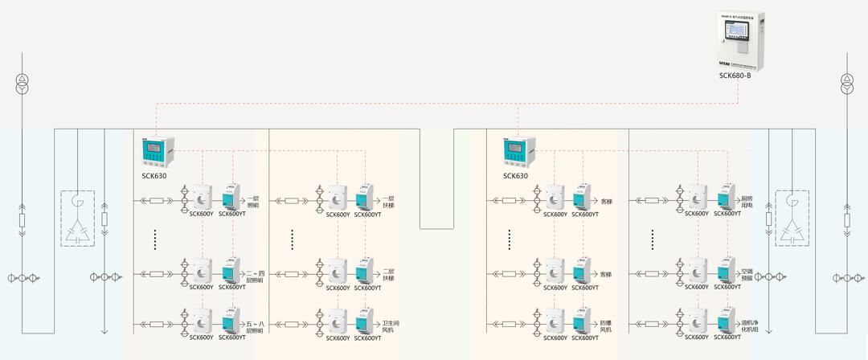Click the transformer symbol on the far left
click(x=22, y=83)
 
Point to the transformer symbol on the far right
click(x=845, y=83)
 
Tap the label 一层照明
click(x=254, y=202)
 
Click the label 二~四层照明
click(x=254, y=276)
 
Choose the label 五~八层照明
click(x=254, y=326)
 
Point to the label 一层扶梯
click(x=390, y=202)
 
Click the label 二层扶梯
click(x=390, y=276)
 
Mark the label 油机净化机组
click(x=749, y=326)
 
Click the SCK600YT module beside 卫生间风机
click(x=364, y=321)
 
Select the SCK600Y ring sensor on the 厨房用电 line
click(x=694, y=196)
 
